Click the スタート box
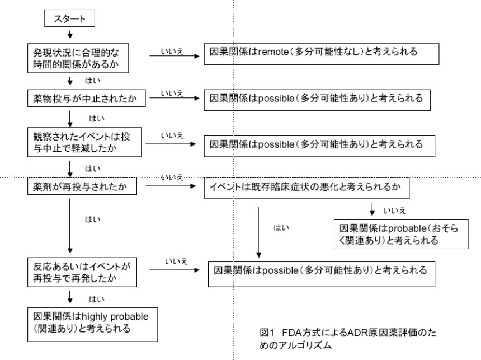click(69, 20)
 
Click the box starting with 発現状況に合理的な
click(84, 58)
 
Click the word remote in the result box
click(270, 52)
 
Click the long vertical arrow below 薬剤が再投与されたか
click(69, 224)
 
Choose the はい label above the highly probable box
click(93, 295)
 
